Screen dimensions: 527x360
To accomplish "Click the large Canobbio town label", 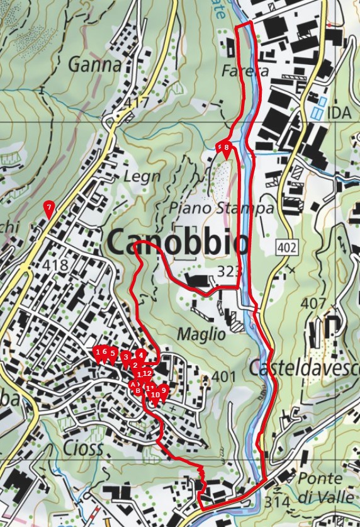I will [x=178, y=242].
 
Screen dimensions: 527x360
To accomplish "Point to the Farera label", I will [x=245, y=71].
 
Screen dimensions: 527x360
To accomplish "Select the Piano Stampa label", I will [x=222, y=208].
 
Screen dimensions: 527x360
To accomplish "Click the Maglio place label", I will [x=201, y=334].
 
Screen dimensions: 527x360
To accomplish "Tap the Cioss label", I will [x=82, y=448].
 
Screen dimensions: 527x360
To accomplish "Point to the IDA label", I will [x=340, y=113].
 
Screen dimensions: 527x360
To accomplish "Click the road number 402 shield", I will [x=286, y=248].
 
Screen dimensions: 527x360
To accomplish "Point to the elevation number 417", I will [x=137, y=102].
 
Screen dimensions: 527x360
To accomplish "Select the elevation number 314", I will [x=278, y=502].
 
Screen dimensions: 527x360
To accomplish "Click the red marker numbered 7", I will [x=48, y=208].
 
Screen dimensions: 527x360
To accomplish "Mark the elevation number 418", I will [x=57, y=266].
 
